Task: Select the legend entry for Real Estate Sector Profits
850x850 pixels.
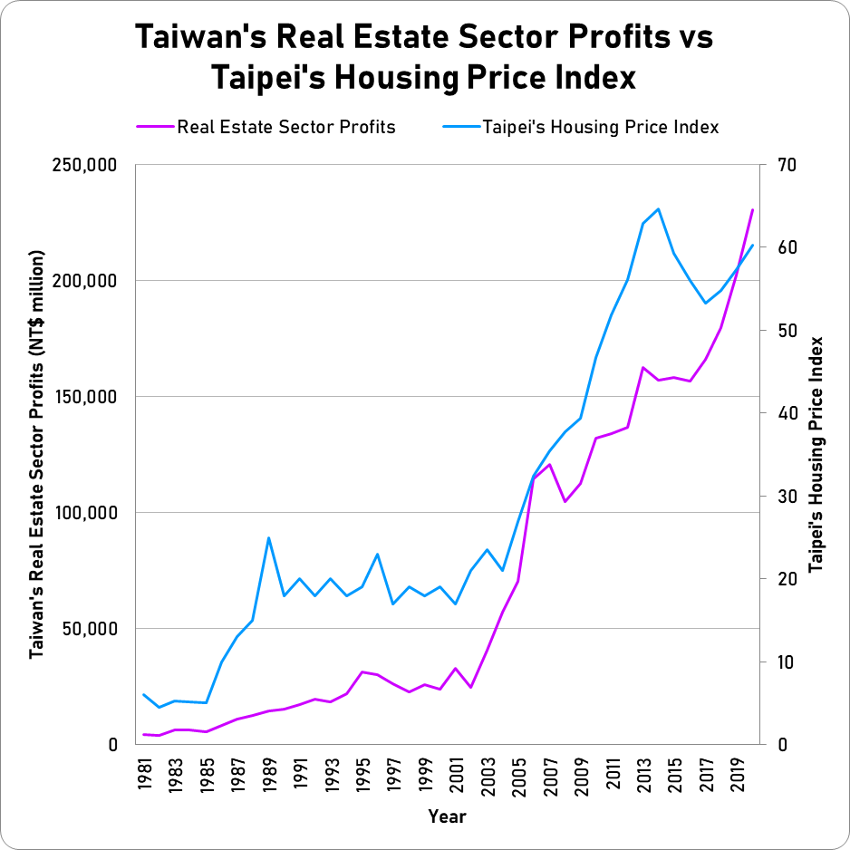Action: [286, 127]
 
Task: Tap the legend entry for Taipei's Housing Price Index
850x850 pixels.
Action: [601, 127]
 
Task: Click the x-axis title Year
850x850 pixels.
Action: [448, 816]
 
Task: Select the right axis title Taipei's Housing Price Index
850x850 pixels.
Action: [816, 454]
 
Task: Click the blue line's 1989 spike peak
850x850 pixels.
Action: [268, 537]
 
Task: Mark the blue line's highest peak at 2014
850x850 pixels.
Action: [658, 208]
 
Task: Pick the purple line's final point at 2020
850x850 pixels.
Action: [752, 209]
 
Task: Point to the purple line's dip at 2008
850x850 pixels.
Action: [565, 501]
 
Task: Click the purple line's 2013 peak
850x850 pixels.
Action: [642, 367]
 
